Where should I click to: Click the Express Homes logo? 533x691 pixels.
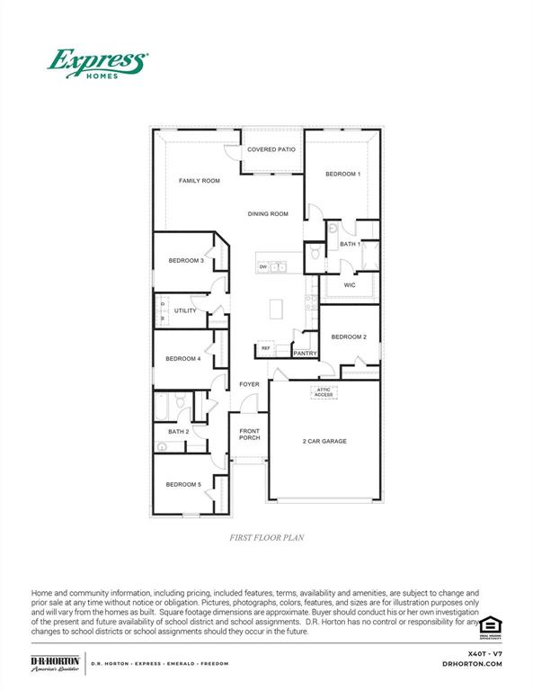(x=96, y=65)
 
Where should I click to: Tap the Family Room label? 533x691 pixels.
(x=199, y=181)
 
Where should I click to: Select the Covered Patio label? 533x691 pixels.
(x=271, y=149)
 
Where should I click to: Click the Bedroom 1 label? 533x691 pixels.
(x=342, y=174)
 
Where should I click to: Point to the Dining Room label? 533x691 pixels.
(x=268, y=214)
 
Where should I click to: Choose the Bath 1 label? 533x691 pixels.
(x=350, y=244)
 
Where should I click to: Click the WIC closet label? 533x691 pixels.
(x=350, y=285)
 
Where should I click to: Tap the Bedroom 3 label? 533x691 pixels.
(x=185, y=261)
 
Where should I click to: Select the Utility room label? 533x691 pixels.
(x=185, y=310)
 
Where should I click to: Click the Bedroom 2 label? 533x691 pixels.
(x=349, y=337)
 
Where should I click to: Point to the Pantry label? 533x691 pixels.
(x=305, y=354)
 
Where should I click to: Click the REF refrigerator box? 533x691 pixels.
(x=266, y=348)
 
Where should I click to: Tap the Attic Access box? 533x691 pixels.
(x=324, y=391)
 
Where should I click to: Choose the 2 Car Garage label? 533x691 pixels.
(x=324, y=441)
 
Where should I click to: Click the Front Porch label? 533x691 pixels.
(x=249, y=435)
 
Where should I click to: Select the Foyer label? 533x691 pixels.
(x=249, y=384)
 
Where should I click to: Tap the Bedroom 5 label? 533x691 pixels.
(x=182, y=485)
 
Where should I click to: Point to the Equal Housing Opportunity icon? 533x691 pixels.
(x=490, y=625)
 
